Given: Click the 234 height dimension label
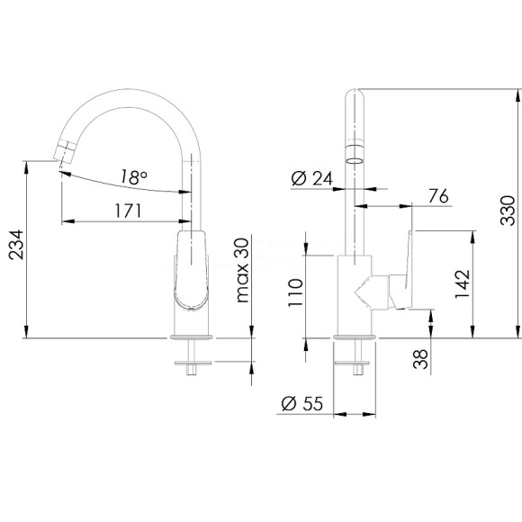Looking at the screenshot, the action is coord(16,245).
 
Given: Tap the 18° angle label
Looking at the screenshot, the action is coord(133,176).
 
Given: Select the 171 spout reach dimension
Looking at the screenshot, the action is coord(128,211).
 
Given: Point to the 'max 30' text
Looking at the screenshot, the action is coord(242,270).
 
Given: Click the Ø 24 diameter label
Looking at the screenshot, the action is coord(312,178).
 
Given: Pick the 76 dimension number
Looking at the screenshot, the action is coord(438,196).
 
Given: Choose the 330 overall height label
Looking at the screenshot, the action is coord(508,211).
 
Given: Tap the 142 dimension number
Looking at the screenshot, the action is coord(463,284).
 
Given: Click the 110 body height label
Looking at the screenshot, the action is coord(295,292).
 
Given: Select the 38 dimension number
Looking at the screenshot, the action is coord(420,359).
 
